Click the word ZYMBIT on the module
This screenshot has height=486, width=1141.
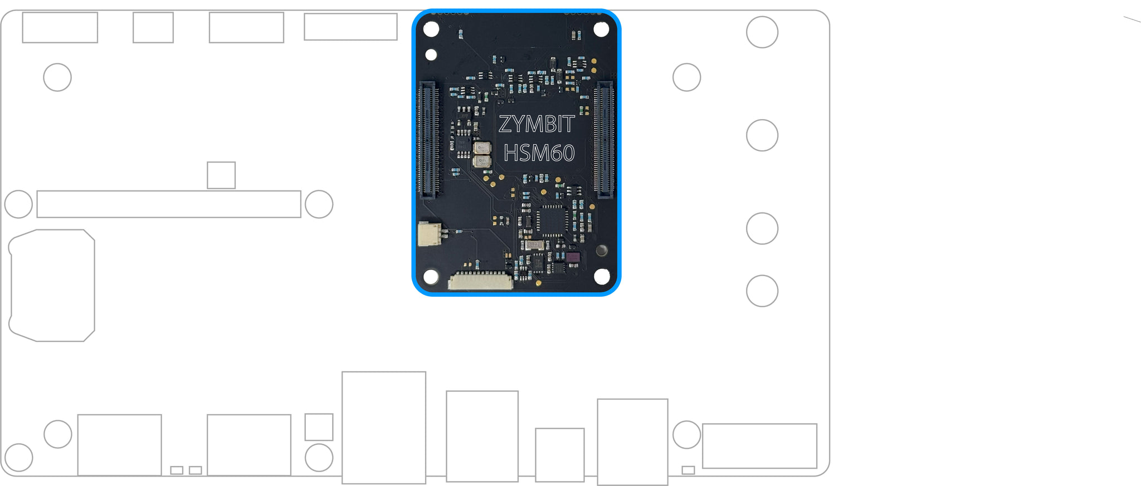pos(536,124)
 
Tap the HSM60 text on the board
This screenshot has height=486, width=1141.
pos(539,153)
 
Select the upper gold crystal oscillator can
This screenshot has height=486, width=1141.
pos(481,148)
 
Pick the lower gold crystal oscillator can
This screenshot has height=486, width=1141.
pos(481,161)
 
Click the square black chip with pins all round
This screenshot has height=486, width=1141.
pos(552,220)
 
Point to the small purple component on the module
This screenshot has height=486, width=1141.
pos(572,258)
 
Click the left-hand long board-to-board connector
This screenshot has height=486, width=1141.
pos(427,139)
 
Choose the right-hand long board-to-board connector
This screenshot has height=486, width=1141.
pos(603,139)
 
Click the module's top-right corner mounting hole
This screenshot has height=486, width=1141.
pos(601,29)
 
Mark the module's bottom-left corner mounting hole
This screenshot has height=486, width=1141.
pos(431,276)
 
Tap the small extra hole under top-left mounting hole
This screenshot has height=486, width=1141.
pos(431,55)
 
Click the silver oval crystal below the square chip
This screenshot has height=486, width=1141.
pos(534,245)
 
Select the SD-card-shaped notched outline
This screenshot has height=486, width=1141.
pos(52,285)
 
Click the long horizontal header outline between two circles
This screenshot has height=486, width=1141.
pos(169,204)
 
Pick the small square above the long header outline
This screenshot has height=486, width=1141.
pos(221,175)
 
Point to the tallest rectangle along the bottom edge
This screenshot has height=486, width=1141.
pos(384,428)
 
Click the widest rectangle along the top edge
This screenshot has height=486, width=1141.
pos(350,27)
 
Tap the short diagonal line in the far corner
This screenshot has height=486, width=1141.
pos(1132,20)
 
